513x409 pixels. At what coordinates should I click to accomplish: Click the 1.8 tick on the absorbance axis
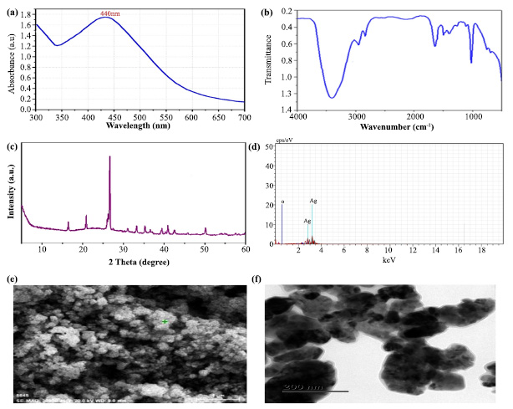coord(27,14)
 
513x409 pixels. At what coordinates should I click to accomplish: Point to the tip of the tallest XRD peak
coord(109,157)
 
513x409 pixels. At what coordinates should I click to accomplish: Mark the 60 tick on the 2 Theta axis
coord(244,249)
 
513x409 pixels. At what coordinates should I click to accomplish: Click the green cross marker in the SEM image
coord(165,322)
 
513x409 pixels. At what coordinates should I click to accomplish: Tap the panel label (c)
coord(10,149)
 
